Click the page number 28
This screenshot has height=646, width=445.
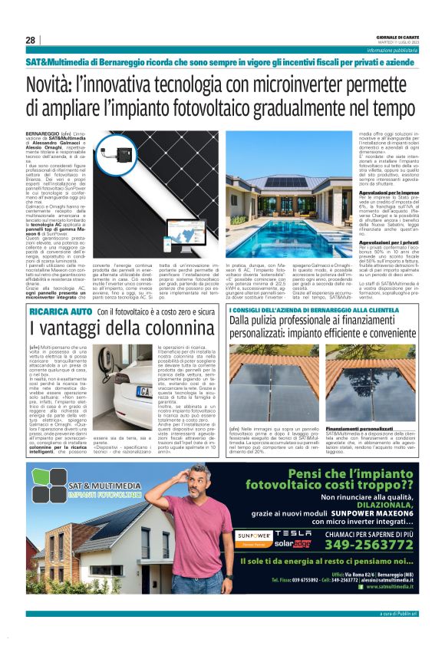pyautogui.click(x=30, y=40)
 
